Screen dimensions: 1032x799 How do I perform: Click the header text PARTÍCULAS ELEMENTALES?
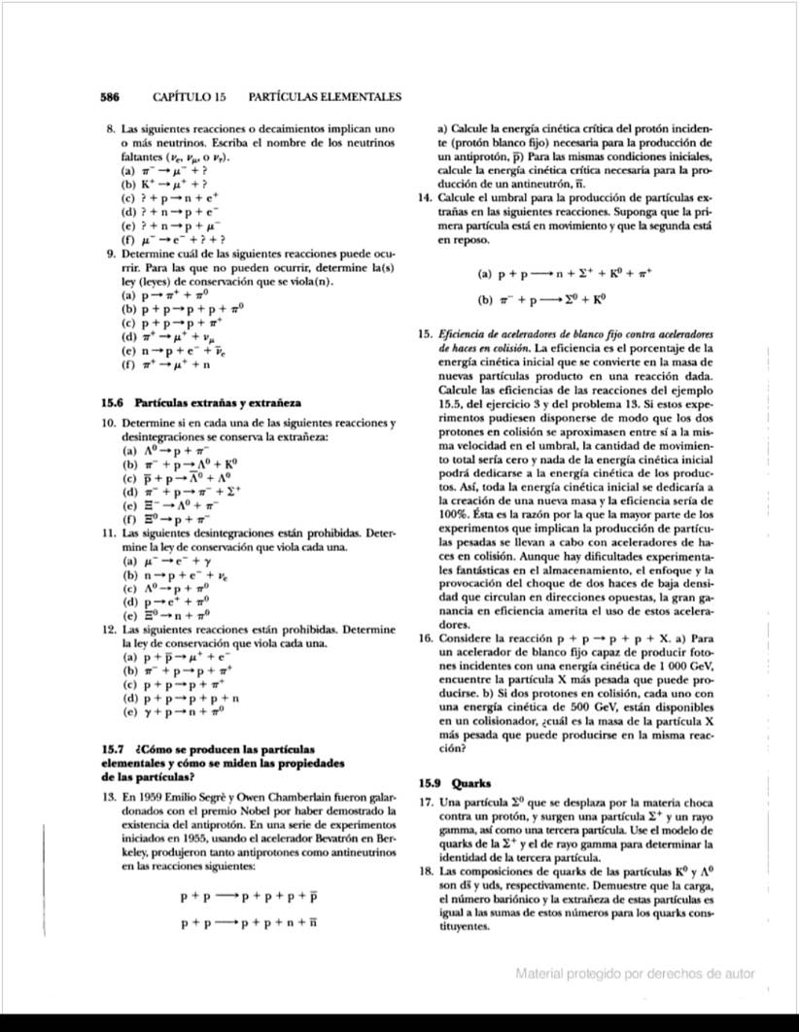[326, 98]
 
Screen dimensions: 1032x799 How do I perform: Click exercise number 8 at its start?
[109, 128]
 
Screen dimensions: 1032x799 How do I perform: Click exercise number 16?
[422, 639]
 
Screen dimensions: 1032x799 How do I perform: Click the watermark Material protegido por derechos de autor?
[635, 974]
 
